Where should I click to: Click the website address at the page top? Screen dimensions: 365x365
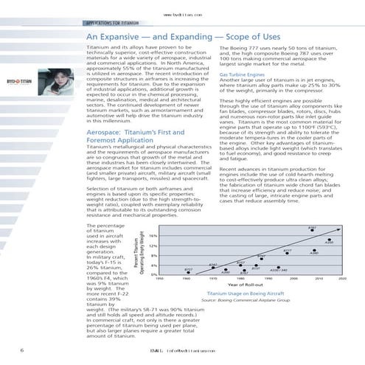tap(182, 13)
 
